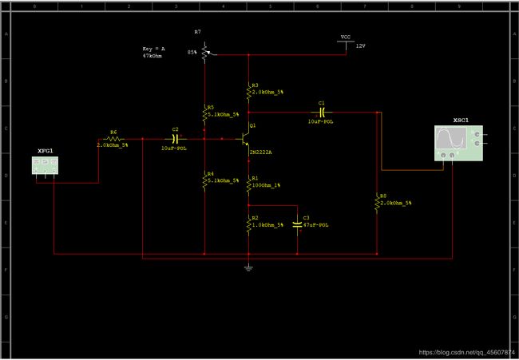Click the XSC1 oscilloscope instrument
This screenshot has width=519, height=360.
coord(458,143)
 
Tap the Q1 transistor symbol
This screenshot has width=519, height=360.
coord(244,138)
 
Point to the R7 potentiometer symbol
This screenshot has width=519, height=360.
coord(204,53)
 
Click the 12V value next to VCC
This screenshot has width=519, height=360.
coord(360,46)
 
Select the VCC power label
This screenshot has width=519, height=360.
coord(345,38)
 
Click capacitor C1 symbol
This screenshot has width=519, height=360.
coord(321,113)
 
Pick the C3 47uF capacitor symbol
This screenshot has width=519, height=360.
coord(297,224)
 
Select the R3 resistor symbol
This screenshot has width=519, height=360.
coord(248,90)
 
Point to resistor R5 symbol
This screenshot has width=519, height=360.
coord(204,113)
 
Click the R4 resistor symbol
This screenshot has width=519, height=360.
coord(204,180)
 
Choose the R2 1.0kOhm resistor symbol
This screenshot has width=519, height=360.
coord(248,224)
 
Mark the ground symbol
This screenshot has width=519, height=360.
coord(248,267)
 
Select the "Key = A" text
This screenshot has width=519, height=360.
coord(154,49)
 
